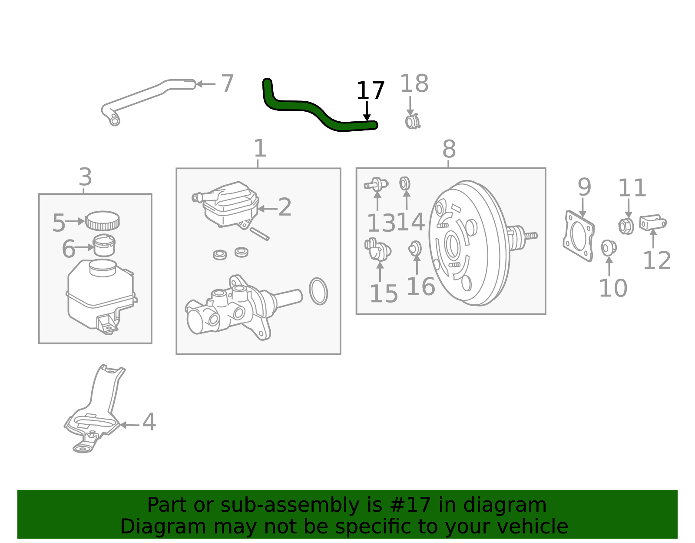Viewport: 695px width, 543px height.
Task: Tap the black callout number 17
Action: tap(370, 91)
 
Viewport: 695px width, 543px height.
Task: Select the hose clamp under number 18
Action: tap(412, 122)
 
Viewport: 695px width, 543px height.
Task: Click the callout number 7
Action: tap(227, 83)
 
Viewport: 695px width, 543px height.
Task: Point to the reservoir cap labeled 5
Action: tap(102, 220)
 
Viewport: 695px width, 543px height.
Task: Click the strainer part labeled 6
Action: tap(104, 245)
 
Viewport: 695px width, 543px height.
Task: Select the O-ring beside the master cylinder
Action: tap(318, 291)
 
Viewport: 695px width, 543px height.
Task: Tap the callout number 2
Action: tap(285, 207)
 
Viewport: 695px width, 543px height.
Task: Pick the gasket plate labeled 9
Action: tap(579, 236)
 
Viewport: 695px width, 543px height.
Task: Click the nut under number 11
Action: tap(625, 226)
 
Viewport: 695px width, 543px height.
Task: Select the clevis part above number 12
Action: tap(652, 223)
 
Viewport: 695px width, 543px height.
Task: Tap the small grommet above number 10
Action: tap(608, 248)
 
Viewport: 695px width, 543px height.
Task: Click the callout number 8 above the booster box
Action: tap(449, 149)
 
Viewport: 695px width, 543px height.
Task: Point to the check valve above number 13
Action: tap(376, 184)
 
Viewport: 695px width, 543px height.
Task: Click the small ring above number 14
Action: tap(405, 183)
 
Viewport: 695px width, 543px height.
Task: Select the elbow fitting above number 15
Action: tap(377, 249)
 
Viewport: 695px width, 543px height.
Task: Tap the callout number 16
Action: tap(420, 287)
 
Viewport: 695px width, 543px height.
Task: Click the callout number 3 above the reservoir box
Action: tap(86, 177)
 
